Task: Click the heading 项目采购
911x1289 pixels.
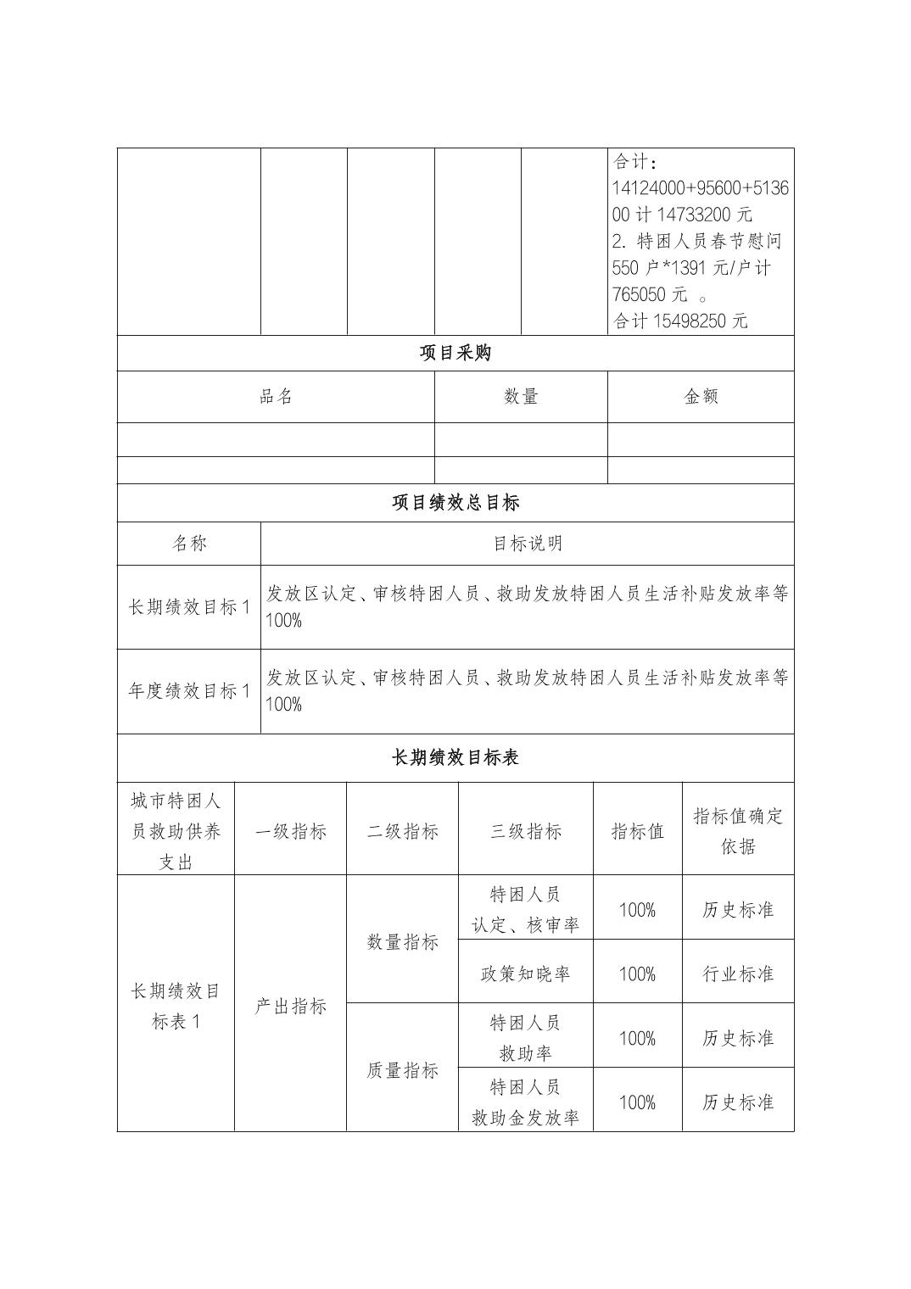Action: click(455, 353)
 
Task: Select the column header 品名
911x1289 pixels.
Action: click(276, 396)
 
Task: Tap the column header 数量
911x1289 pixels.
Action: click(521, 396)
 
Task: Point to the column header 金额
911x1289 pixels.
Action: click(701, 396)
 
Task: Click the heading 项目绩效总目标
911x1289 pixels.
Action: click(455, 503)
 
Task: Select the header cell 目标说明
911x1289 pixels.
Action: click(527, 544)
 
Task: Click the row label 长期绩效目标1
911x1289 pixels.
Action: click(188, 607)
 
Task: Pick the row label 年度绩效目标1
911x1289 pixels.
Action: click(188, 691)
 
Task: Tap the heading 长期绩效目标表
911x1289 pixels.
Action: click(455, 757)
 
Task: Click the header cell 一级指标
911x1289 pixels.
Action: click(290, 831)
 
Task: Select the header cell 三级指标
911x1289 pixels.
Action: click(525, 831)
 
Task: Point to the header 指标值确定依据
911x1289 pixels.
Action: click(738, 830)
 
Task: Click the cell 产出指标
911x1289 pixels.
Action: click(290, 1006)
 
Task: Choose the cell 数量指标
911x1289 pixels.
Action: click(402, 941)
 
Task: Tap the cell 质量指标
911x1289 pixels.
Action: click(402, 1070)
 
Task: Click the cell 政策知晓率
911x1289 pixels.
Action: click(525, 974)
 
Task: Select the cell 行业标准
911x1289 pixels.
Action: click(738, 974)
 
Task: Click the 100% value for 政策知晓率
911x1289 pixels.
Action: click(637, 974)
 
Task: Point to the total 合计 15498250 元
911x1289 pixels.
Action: click(680, 321)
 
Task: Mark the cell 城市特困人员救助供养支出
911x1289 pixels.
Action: click(176, 831)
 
